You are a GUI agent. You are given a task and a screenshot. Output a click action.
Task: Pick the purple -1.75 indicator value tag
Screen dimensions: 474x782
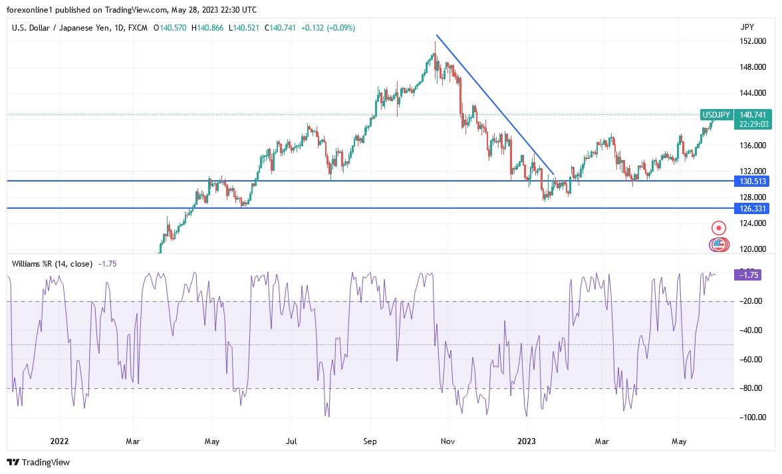tap(751, 274)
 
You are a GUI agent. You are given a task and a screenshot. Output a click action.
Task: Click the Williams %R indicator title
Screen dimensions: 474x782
tap(52, 264)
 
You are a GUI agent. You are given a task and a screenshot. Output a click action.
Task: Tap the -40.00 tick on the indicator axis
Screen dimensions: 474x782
tap(751, 330)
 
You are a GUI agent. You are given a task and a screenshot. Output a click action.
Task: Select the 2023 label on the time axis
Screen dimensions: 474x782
tap(526, 441)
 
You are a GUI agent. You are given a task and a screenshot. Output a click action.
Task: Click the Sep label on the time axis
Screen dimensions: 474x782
tap(370, 441)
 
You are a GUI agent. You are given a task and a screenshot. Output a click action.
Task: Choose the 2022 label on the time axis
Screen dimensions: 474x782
tap(59, 441)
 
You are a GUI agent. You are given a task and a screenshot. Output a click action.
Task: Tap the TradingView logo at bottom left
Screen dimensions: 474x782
tap(38, 462)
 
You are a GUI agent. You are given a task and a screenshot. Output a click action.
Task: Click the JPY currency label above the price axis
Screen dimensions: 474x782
tap(747, 27)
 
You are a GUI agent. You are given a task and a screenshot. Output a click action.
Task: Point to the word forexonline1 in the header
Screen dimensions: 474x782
tap(31, 9)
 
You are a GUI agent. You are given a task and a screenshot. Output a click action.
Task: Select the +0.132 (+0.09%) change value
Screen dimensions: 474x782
tap(328, 28)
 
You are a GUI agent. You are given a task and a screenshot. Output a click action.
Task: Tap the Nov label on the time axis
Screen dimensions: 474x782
tap(448, 441)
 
